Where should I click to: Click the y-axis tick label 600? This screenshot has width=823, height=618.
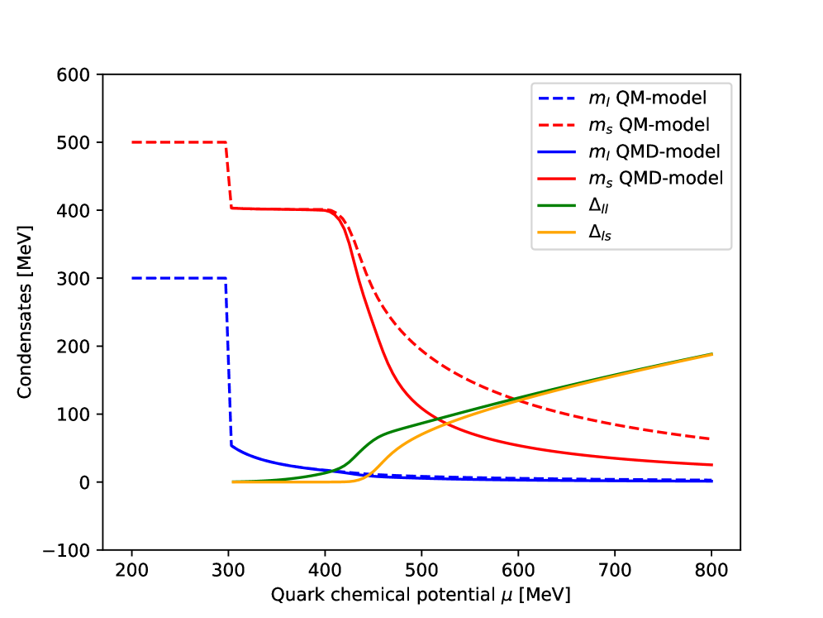(x=78, y=74)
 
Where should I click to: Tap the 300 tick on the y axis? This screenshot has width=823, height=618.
(x=78, y=278)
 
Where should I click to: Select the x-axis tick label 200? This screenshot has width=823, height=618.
(x=131, y=570)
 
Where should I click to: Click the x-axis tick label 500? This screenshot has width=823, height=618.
(x=421, y=570)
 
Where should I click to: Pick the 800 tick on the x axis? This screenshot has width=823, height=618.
(x=711, y=570)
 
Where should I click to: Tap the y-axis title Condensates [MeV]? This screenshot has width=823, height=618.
(x=25, y=311)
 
